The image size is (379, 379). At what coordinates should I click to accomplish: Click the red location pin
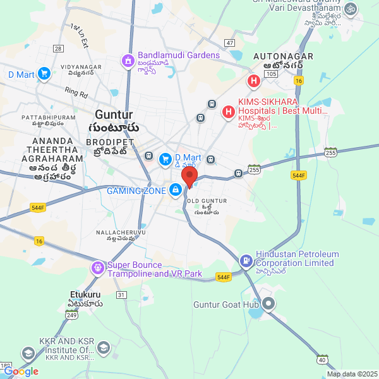click(189, 176)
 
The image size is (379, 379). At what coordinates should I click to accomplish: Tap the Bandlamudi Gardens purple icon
click(127, 61)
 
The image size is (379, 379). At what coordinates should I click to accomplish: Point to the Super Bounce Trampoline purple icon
click(97, 268)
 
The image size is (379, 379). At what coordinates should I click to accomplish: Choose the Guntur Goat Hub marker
click(268, 304)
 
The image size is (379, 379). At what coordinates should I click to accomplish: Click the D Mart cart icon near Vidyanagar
click(44, 75)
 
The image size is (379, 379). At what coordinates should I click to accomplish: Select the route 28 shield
click(58, 49)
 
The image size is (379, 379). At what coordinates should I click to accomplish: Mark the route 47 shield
click(229, 43)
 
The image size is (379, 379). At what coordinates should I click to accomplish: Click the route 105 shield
click(271, 74)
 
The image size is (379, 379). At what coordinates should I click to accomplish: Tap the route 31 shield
click(122, 295)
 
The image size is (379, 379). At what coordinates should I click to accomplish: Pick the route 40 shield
click(322, 359)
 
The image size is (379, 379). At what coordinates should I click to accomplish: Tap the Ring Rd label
click(76, 93)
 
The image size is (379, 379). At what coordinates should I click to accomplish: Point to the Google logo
click(21, 372)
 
